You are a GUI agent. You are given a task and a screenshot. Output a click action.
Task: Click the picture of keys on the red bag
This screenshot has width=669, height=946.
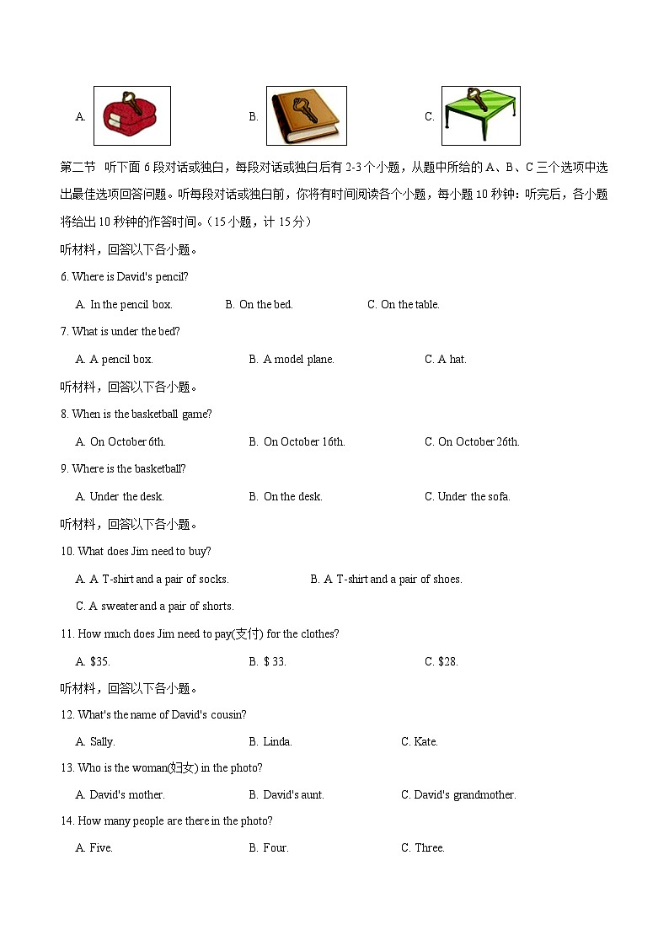click(x=131, y=115)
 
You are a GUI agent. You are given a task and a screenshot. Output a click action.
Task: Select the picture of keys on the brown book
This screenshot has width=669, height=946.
click(x=306, y=115)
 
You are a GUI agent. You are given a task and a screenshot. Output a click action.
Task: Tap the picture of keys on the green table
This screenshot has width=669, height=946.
click(x=480, y=115)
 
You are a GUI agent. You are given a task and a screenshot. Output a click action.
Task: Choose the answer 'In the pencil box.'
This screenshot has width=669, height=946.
click(x=131, y=305)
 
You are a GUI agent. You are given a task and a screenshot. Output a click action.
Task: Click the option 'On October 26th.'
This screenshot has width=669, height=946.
click(x=478, y=442)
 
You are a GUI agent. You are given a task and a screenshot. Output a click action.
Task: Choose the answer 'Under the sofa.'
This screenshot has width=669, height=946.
click(x=474, y=497)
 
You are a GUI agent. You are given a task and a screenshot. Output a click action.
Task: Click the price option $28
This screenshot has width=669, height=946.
click(x=447, y=662)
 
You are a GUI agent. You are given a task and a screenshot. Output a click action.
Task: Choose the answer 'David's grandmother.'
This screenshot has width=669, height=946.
click(x=465, y=795)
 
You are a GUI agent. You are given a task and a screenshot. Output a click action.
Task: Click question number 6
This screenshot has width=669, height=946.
click(x=64, y=277)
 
